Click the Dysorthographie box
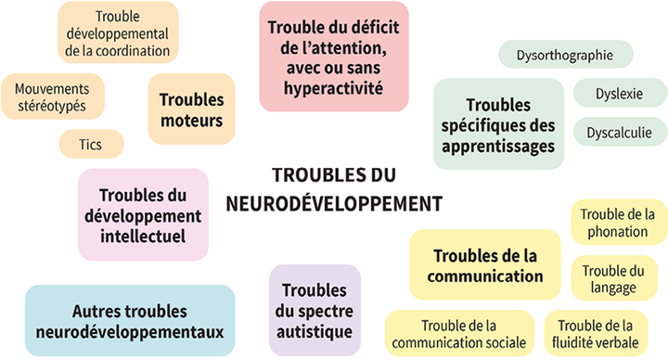click(566, 55)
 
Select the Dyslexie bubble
click(619, 94)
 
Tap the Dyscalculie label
click(619, 133)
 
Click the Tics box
click(90, 144)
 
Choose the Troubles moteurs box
click(191, 109)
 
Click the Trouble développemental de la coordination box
click(119, 32)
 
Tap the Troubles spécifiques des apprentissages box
click(499, 125)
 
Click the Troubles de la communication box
click(484, 264)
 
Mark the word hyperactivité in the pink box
click(334, 89)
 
